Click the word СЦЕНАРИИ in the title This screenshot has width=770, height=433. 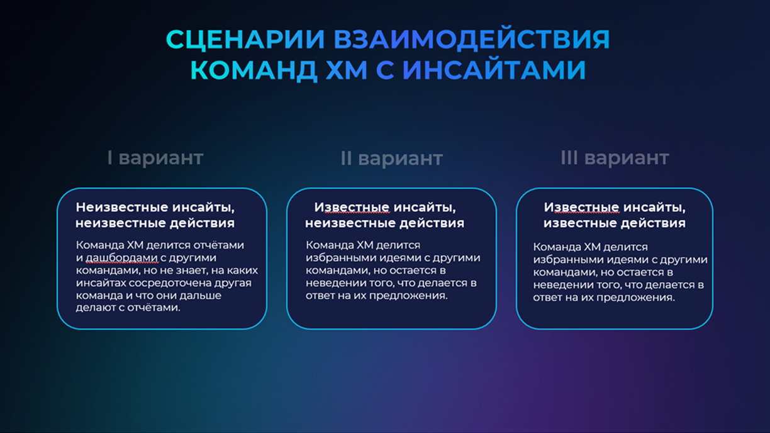pos(245,40)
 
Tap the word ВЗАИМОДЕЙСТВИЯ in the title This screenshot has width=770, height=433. pos(472,39)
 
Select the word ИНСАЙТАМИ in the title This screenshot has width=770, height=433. pos(494,70)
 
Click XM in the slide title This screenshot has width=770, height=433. pos(347,70)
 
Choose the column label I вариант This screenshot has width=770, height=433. pos(155,157)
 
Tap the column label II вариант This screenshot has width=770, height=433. pos(391,158)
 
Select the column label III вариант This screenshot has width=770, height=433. pos(615,157)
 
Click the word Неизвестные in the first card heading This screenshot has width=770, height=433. pos(122,207)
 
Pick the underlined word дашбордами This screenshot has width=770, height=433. pos(121,257)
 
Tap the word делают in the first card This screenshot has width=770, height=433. pos(96,308)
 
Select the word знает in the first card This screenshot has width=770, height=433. pos(191,271)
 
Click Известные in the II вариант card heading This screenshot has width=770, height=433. pos(352,207)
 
